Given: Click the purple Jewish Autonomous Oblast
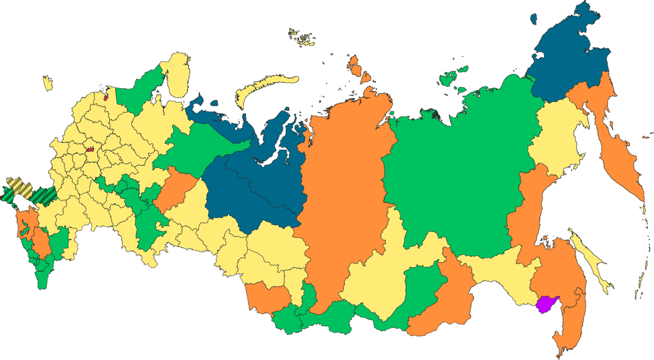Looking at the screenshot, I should [x=546, y=304].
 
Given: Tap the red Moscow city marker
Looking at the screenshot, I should [x=90, y=148].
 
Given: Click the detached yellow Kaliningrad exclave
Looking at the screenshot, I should [x=48, y=83].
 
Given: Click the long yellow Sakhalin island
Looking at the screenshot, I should [x=591, y=256].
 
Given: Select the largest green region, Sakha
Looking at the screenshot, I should [x=463, y=163].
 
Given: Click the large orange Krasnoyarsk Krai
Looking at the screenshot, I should [x=343, y=185].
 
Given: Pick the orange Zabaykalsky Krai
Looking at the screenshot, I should [x=441, y=305].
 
